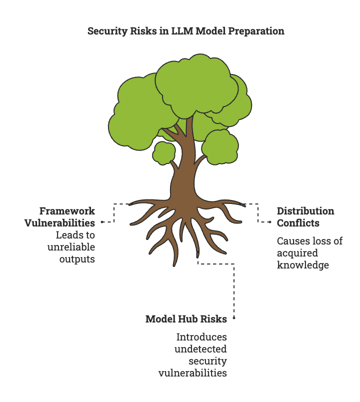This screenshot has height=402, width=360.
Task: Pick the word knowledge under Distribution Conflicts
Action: coord(303,265)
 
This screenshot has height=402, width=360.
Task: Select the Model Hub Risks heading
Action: coord(186,319)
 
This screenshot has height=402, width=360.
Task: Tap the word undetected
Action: coord(200,349)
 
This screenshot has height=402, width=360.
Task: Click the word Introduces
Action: coord(202,337)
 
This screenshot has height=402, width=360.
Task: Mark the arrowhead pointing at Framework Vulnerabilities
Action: coord(102,221)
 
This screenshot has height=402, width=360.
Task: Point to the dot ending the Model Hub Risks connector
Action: coord(234,318)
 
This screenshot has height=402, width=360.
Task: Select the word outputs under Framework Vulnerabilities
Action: coord(77,258)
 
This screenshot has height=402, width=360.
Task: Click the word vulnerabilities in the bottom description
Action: coord(192,373)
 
